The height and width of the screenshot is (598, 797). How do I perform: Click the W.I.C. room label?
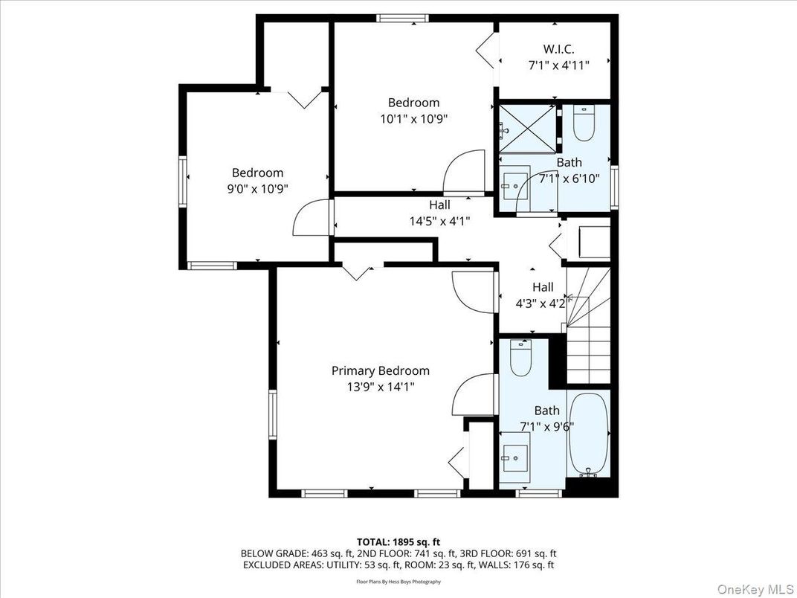click(x=558, y=49)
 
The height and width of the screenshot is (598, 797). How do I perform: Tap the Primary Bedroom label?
click(x=380, y=370)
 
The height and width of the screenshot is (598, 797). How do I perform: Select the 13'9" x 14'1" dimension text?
click(x=380, y=386)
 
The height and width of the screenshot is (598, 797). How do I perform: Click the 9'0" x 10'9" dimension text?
click(x=257, y=188)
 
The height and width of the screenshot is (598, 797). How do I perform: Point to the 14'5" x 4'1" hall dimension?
click(x=439, y=220)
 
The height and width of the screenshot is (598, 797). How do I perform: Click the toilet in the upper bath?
click(x=584, y=124)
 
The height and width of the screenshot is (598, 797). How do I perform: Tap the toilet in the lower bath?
click(x=521, y=359)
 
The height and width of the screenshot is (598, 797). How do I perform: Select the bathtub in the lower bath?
click(x=588, y=436)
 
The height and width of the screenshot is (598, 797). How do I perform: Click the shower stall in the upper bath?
click(x=527, y=129)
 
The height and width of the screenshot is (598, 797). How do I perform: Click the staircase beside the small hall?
click(x=588, y=327)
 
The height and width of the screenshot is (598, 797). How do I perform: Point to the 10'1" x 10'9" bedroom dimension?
click(x=413, y=118)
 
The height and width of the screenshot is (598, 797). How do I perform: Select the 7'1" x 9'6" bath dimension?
click(x=546, y=425)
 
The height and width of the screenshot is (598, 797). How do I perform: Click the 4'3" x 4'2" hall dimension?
click(x=542, y=303)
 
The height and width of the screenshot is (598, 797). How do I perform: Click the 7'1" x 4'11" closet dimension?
click(x=558, y=65)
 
